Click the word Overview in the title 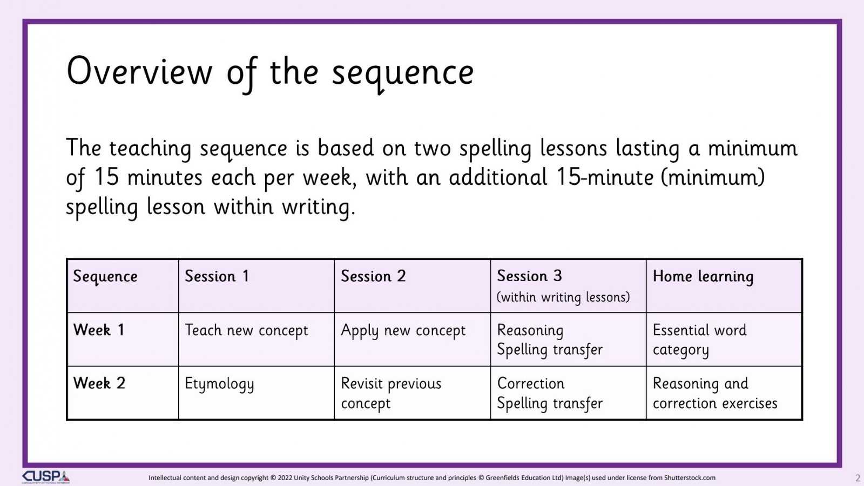click(139, 71)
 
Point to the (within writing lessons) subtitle click(563, 297)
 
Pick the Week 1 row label click(99, 330)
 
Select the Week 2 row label click(99, 383)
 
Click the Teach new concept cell click(246, 331)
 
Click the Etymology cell click(219, 384)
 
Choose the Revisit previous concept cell click(391, 394)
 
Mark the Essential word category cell click(699, 340)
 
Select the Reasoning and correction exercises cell click(715, 394)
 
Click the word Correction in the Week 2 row click(530, 384)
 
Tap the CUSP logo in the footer click(46, 477)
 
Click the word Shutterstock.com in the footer click(690, 478)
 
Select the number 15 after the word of click(106, 177)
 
